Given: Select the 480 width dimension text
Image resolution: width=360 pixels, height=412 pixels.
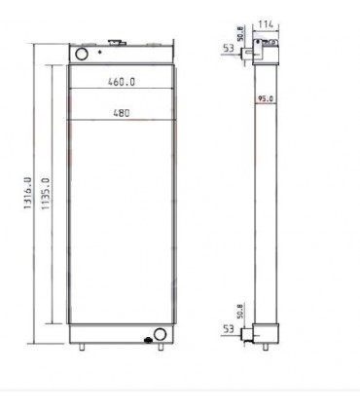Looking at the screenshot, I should tap(122, 112).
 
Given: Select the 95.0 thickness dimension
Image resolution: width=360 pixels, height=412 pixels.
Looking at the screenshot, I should tap(263, 98).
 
